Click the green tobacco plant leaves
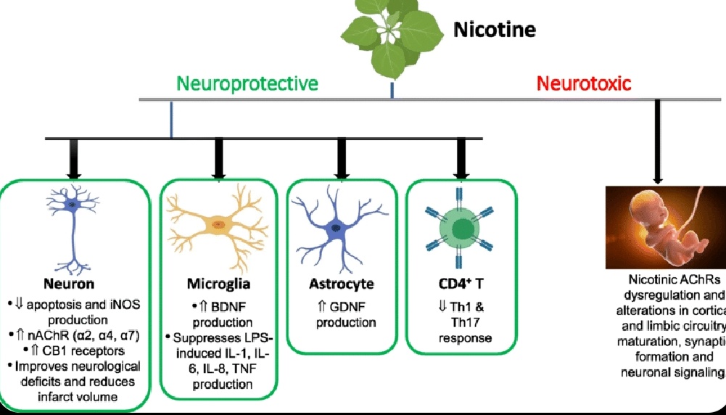pos(392,36)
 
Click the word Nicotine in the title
pos(494,30)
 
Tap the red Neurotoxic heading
pos(584,83)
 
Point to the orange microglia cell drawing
pos(217,226)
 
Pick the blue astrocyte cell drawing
pos(337,225)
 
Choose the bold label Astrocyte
pos(342,283)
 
